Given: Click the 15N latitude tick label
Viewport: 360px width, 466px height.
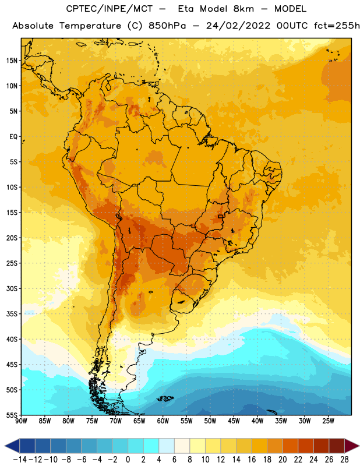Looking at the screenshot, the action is pos(12,61).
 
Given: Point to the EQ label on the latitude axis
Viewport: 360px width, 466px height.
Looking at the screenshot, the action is pos(13,137).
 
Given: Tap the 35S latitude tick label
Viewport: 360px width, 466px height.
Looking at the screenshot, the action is pos(12,314).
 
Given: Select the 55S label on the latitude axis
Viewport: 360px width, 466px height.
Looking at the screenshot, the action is pos(12,415).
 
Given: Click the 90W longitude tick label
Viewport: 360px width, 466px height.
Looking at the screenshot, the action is pos(21,421).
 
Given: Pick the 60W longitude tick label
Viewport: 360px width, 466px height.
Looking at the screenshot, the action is pos(163,421).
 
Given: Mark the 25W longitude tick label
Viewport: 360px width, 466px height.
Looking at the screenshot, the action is pos(328,421).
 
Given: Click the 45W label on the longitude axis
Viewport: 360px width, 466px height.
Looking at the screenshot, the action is pos(234,421).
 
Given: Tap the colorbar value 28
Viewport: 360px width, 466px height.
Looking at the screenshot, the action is pos(344,460).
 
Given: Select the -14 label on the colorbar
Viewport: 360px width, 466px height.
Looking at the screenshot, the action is pos(20,460).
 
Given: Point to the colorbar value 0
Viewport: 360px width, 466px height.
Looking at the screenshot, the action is pos(128,460).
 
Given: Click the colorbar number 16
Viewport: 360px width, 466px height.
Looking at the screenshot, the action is pos(252,460).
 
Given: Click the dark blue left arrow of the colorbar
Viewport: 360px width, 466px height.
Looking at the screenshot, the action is pos(12,446).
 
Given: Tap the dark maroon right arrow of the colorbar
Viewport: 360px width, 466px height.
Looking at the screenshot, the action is pos(352,446).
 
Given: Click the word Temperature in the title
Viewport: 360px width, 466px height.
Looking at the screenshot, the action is pos(90,26).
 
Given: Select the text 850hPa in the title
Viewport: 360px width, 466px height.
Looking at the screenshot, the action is pos(167,26).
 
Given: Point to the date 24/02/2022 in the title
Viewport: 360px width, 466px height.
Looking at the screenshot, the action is pos(238,26).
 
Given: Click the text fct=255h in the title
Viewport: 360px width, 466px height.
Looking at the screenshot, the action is pos(337,26).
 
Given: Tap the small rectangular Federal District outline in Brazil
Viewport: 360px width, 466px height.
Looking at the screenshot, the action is pos(221,216).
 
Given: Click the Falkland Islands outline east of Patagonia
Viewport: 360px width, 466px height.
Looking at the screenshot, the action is pos(165,398).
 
